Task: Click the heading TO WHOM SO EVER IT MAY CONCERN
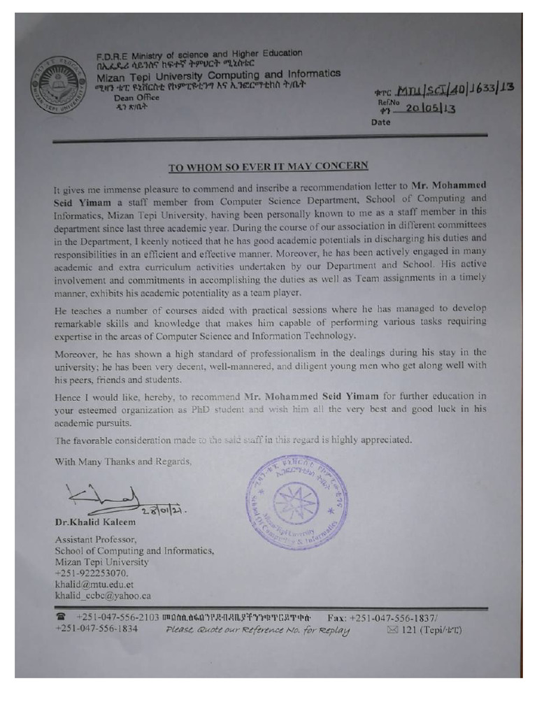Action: (268, 166)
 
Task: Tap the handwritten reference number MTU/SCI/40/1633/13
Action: (454, 89)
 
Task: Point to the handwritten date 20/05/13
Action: (431, 108)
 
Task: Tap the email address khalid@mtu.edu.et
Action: (94, 583)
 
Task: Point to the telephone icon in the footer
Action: (62, 617)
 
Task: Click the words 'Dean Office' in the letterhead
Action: (136, 98)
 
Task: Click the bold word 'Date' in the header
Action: (382, 123)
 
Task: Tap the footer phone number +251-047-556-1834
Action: (96, 629)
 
